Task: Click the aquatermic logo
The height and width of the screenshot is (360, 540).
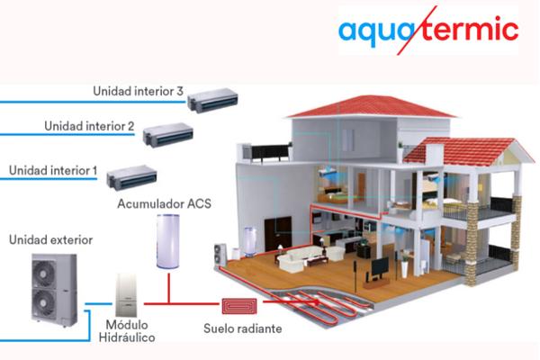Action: pos(428,30)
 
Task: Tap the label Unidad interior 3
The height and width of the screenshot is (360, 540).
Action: pos(138,91)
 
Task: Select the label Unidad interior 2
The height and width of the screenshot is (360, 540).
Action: pos(89,126)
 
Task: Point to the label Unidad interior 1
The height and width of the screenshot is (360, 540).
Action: pos(53,170)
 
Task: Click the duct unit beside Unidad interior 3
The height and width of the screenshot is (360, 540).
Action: pos(212,100)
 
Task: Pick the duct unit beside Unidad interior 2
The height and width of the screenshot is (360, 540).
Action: pos(168,135)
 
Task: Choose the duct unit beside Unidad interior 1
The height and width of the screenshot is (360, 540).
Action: pos(131,177)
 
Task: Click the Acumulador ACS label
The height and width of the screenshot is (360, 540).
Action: pos(165,203)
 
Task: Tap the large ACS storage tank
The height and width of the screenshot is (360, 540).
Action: pos(168,241)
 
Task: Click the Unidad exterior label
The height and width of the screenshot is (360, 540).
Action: pos(51,239)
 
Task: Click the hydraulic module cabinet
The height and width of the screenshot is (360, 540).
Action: pos(126,295)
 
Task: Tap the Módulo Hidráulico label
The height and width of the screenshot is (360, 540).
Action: pos(127,331)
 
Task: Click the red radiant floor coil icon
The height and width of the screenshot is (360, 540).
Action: pos(239,306)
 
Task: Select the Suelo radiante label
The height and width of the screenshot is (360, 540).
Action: pos(243,328)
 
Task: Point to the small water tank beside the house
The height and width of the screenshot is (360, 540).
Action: pos(250,242)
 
